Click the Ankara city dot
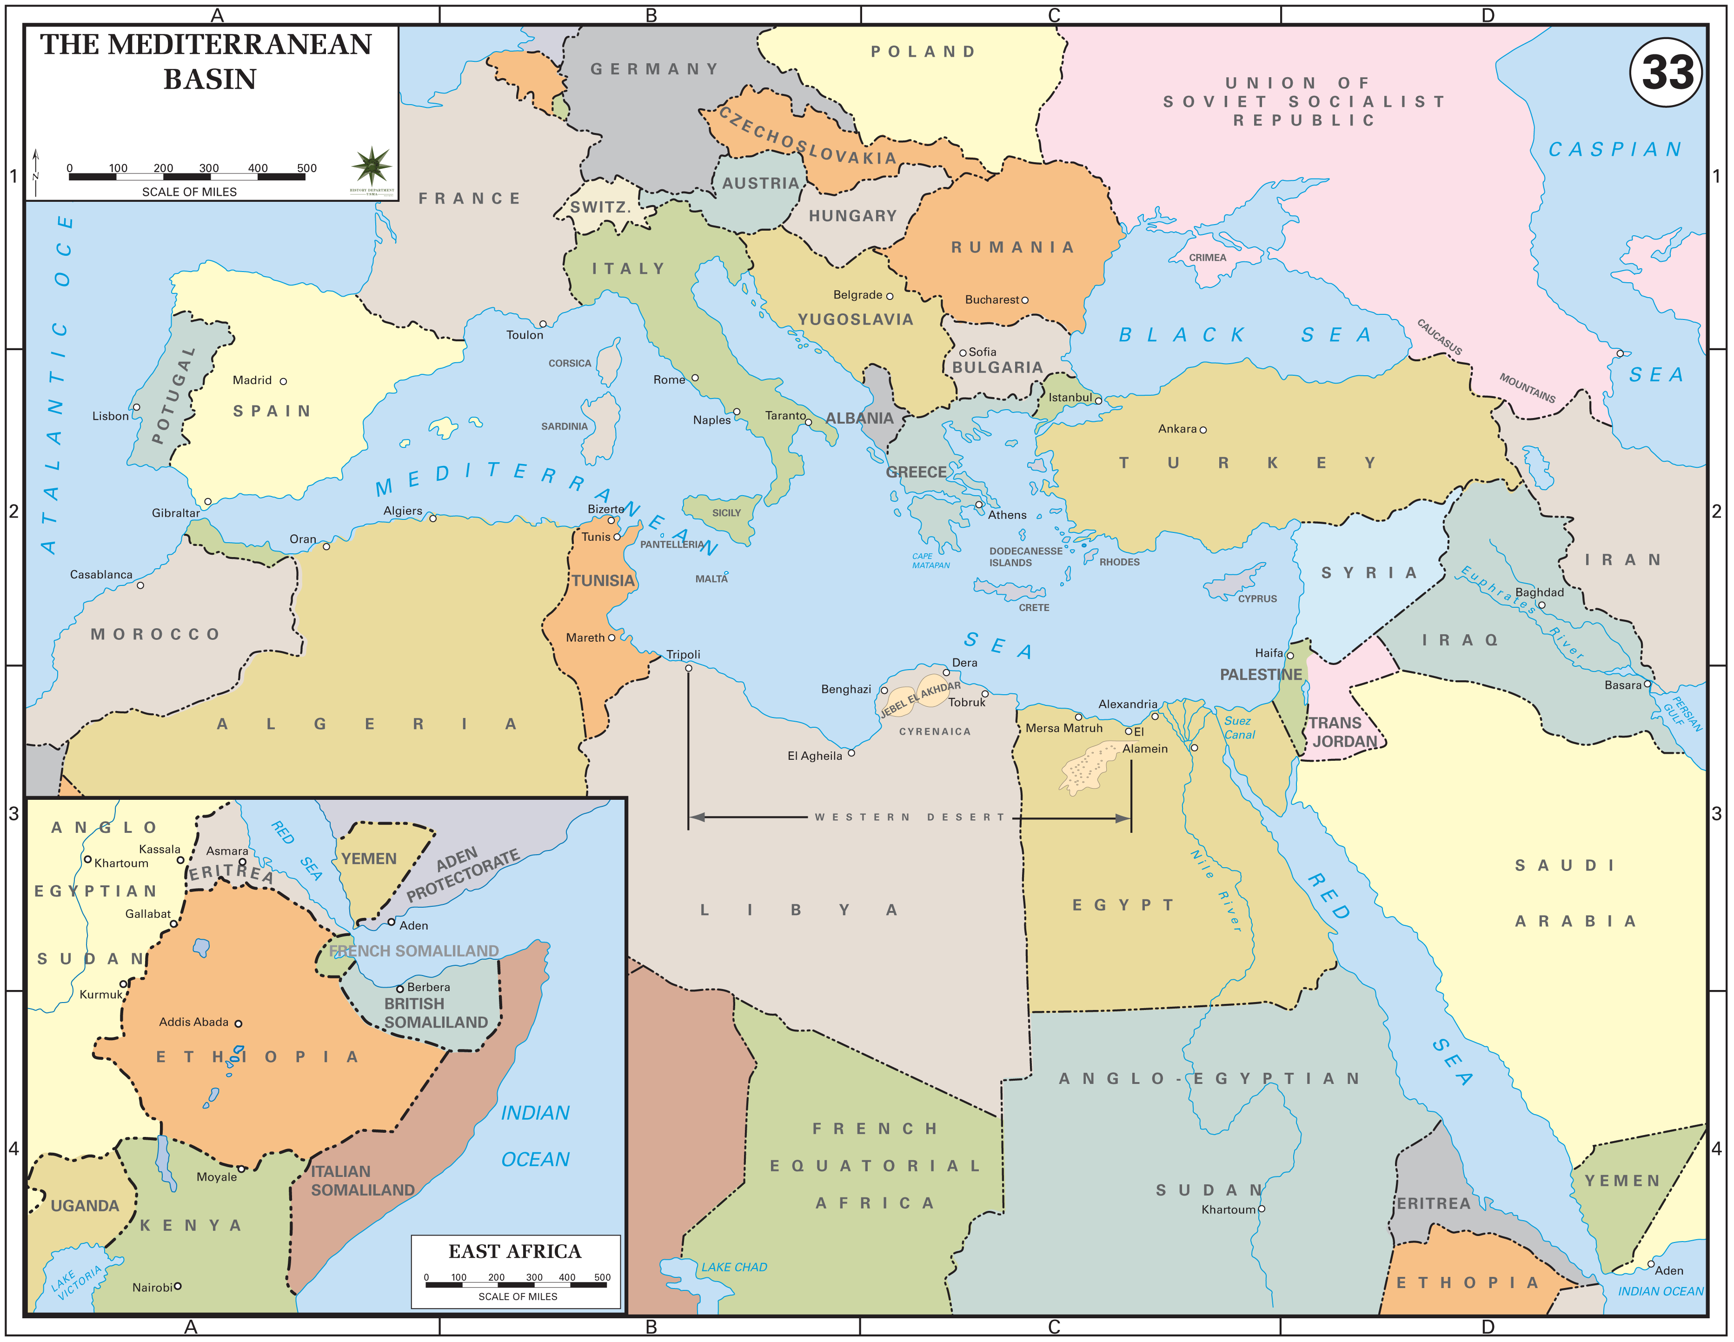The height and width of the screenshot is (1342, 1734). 1203,430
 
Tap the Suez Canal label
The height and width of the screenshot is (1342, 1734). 1239,727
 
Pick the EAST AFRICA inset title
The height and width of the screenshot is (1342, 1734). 514,1251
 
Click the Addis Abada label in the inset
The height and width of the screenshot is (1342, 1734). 194,1022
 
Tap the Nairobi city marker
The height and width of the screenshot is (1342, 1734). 178,1286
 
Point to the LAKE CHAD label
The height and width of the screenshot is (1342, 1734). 734,1267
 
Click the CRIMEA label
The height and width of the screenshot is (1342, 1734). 1207,257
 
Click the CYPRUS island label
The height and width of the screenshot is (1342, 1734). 1257,599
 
